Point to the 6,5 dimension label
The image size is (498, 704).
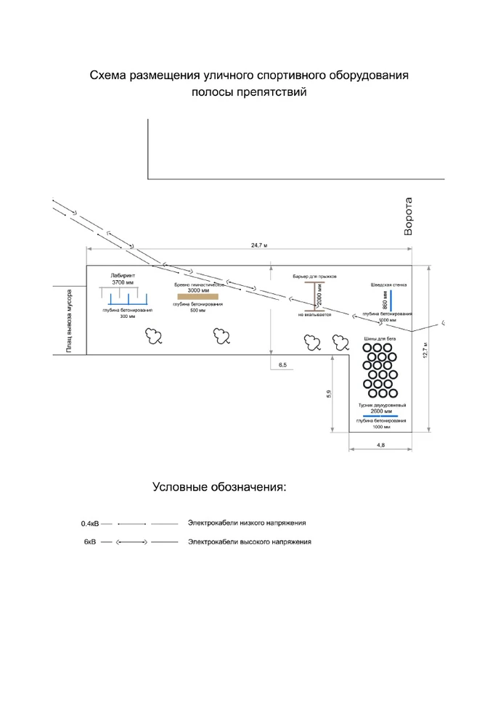coord(282,364)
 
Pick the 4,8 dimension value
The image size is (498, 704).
coord(381,444)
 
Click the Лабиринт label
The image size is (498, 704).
coord(123,276)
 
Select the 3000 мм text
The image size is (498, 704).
coord(198,290)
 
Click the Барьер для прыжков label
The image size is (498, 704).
coord(314,277)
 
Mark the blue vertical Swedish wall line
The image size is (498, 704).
coord(391,300)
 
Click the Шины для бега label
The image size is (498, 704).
coord(380,339)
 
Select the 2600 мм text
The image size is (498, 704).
coord(381,411)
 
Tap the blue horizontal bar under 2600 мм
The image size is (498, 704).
coord(381,416)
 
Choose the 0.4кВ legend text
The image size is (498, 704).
coord(90,523)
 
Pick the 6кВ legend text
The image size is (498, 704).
coord(90,542)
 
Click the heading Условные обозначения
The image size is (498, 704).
coord(219,487)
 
